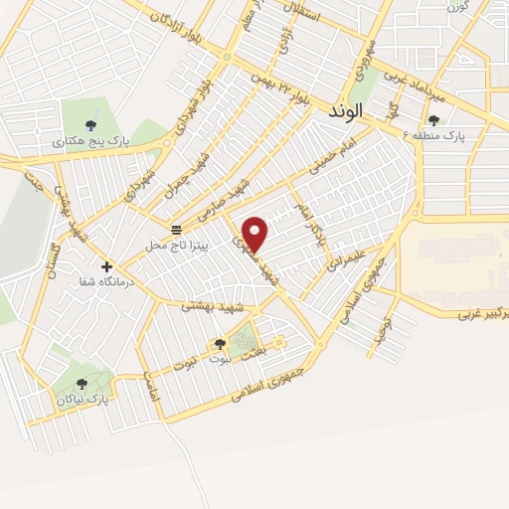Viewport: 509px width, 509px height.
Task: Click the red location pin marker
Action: (256, 233)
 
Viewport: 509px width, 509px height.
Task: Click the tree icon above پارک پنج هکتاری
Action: (91, 125)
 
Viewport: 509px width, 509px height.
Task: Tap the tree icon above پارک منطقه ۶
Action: (433, 120)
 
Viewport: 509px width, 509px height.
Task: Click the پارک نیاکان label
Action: (83, 399)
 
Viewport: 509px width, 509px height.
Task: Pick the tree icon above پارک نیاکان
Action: (82, 383)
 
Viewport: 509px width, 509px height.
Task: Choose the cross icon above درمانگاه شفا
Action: (106, 265)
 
